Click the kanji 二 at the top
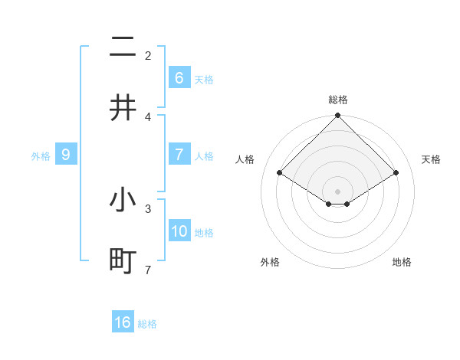pos(123,49)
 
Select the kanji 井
pos(123,108)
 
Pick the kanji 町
pos(123,260)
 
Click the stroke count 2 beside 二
pos(148,55)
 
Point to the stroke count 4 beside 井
pos(148,116)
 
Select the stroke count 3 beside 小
pos(148,208)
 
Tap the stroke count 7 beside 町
pos(148,269)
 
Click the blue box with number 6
pos(179,77)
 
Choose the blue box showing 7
pos(179,154)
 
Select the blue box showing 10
pos(179,231)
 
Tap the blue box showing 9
pos(66,155)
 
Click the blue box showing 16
pos(123,322)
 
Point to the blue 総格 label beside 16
pos(147,324)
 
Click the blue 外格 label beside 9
pos(41,156)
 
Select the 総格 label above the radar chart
pos(337,100)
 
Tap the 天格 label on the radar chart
pos(431,159)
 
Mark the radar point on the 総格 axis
pos(337,116)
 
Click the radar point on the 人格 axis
pos(280,173)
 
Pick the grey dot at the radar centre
pos(337,191)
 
